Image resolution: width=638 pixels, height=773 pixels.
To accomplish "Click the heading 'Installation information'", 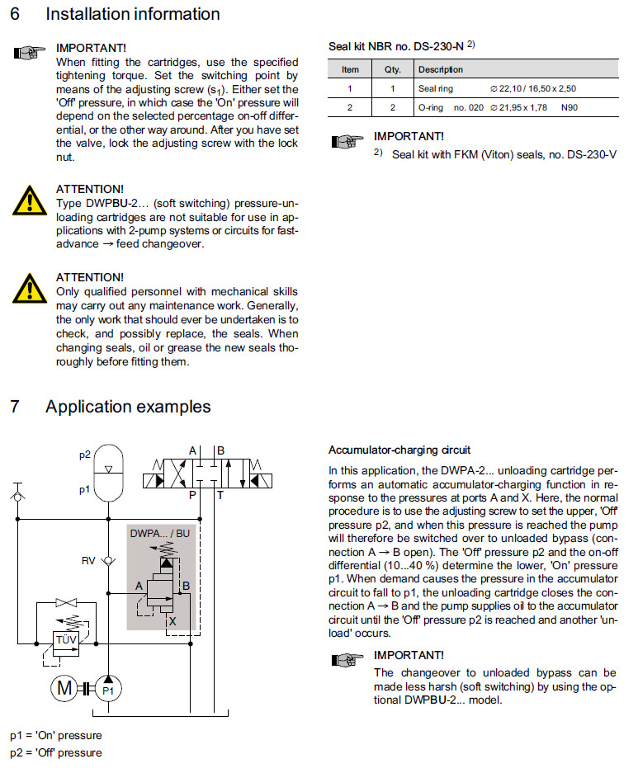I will [132, 14].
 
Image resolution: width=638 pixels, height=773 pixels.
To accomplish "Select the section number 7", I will [15, 407].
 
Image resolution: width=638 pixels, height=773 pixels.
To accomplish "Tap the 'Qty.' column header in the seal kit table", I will [393, 69].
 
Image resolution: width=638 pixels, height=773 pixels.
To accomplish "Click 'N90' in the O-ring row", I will [569, 107].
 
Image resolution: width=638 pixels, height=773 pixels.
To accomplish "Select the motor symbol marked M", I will [64, 687].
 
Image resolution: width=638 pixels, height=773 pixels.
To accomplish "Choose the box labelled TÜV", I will [65, 639].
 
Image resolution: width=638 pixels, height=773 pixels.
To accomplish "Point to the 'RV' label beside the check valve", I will [88, 561].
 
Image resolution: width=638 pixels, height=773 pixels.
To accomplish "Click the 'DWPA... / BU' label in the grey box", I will [160, 535].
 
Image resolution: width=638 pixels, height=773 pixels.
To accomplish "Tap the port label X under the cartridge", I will [172, 621].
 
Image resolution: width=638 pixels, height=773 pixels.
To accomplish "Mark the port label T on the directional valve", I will [220, 496].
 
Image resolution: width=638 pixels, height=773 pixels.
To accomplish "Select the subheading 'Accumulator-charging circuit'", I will [399, 450].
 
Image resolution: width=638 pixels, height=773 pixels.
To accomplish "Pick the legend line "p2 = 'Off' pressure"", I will [56, 752].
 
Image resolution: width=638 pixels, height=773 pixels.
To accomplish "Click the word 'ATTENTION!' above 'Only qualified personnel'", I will [89, 277].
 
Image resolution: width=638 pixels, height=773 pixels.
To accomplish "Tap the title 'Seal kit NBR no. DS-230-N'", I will [398, 46].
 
